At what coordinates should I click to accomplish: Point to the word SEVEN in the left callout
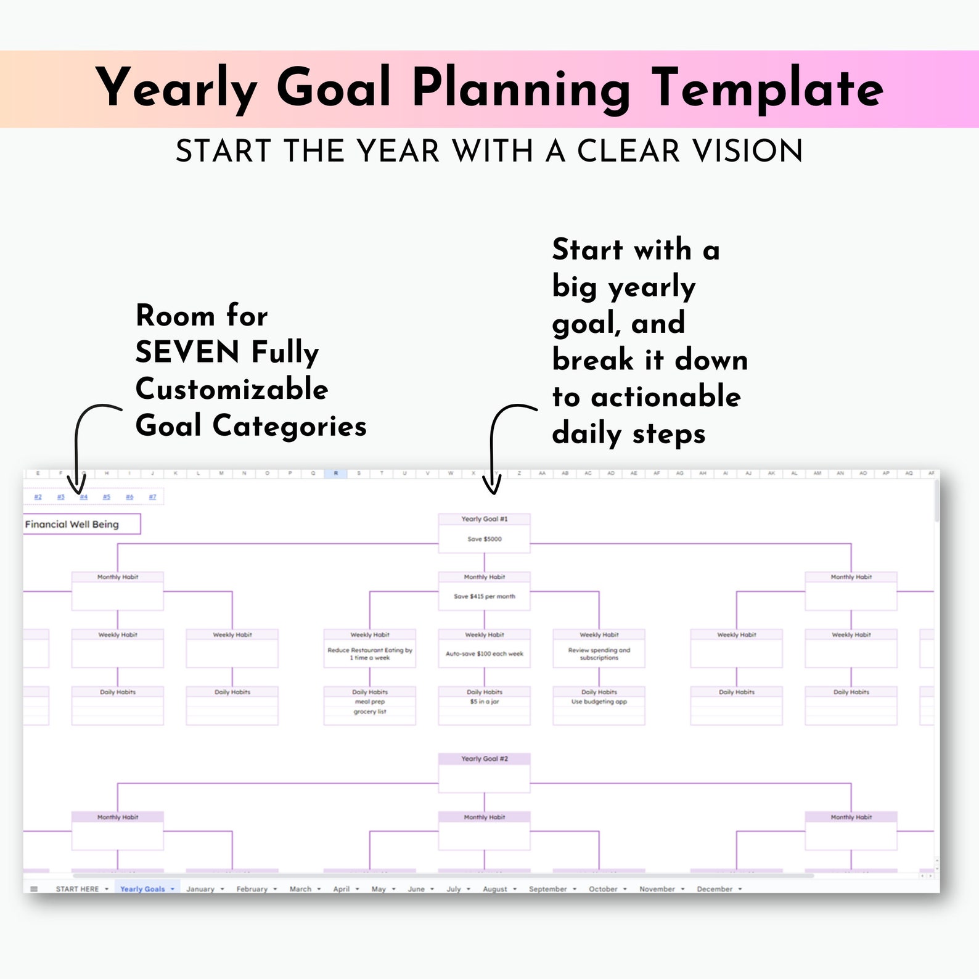[x=187, y=353]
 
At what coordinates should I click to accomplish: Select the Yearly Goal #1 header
[x=484, y=519]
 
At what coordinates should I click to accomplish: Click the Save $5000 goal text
[x=484, y=539]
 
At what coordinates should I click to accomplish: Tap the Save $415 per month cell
[x=484, y=597]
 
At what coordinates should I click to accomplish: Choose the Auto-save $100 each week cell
[x=484, y=654]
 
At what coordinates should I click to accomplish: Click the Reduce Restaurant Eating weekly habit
[x=370, y=654]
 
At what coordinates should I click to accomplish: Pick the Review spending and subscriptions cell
[x=599, y=654]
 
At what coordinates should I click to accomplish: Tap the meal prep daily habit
[x=370, y=702]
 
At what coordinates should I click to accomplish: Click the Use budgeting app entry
[x=599, y=702]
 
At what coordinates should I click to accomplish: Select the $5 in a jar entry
[x=484, y=702]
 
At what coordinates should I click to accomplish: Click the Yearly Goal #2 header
[x=484, y=759]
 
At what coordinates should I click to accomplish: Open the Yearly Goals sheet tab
[x=142, y=889]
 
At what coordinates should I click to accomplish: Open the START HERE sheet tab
[x=77, y=889]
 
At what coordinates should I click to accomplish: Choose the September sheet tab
[x=547, y=889]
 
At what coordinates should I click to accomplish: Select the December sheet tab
[x=715, y=889]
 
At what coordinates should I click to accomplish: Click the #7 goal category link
[x=152, y=497]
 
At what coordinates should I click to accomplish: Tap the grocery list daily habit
[x=370, y=712]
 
